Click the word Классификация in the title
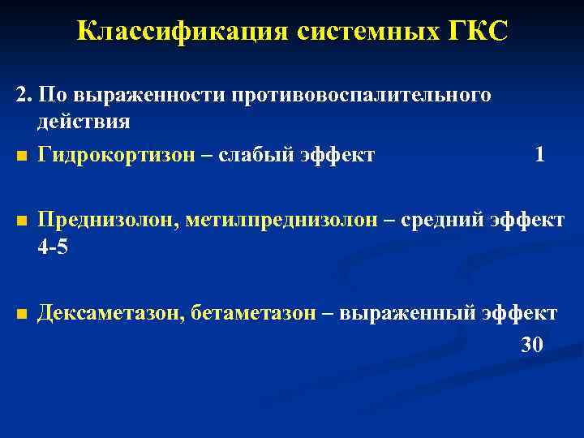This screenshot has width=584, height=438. (x=181, y=32)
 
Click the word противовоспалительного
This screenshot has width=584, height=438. (x=362, y=96)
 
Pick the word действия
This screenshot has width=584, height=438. (x=83, y=122)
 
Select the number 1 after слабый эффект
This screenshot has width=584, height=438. (x=539, y=154)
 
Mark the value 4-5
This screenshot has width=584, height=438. (x=54, y=247)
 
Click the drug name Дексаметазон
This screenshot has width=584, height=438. (x=109, y=314)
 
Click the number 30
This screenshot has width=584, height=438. (x=531, y=345)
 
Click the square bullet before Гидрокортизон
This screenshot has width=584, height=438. (x=21, y=156)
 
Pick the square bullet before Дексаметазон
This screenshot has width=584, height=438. (x=21, y=316)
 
